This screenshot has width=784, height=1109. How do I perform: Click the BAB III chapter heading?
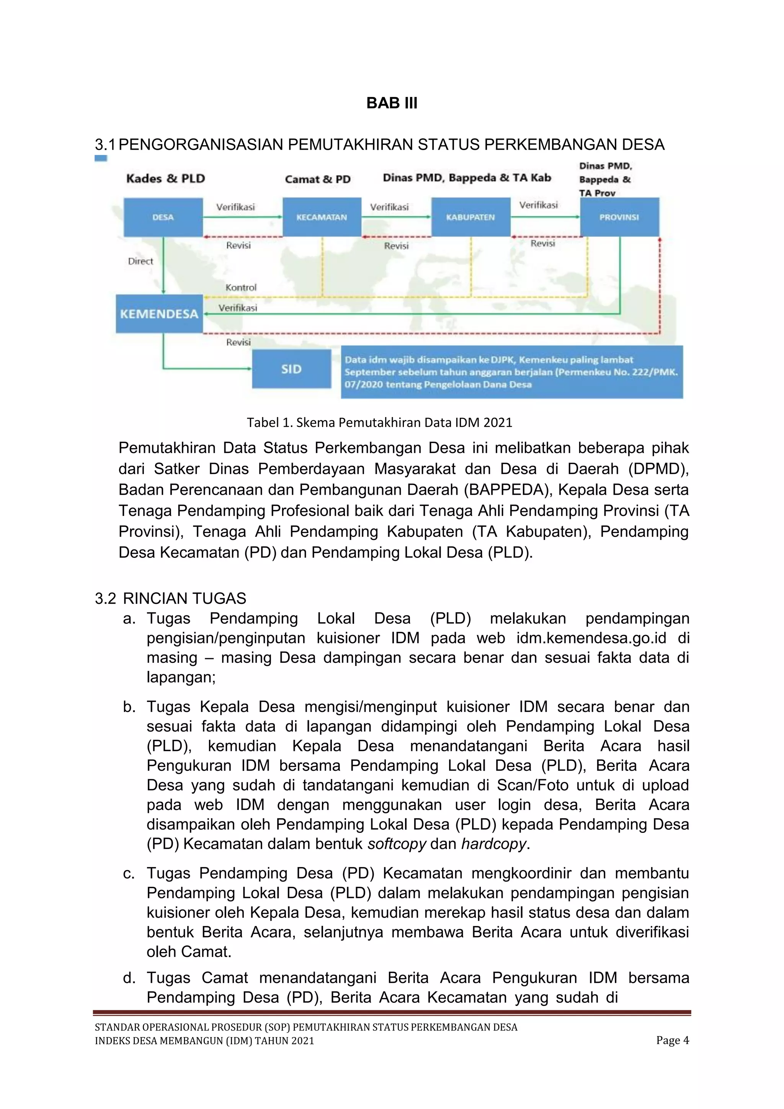click(x=392, y=103)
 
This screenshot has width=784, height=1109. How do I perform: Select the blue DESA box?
click(x=163, y=218)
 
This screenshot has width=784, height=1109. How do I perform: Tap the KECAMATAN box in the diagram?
click(x=322, y=218)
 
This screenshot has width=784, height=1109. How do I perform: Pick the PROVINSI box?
click(x=619, y=218)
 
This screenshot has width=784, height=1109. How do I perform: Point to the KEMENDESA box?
click(x=159, y=314)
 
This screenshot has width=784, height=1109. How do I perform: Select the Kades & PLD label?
click(x=166, y=179)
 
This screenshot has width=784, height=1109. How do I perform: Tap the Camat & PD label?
click(x=317, y=179)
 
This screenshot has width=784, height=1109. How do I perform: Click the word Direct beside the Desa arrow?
click(x=140, y=261)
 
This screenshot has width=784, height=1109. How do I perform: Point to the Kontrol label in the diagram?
click(x=241, y=287)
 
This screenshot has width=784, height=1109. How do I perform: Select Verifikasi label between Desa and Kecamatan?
click(x=235, y=207)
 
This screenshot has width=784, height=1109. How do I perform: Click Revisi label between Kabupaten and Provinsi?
click(x=542, y=244)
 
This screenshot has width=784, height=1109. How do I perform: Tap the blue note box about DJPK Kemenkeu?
click(x=512, y=372)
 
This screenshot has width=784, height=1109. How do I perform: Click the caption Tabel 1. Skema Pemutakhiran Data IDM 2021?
click(x=379, y=423)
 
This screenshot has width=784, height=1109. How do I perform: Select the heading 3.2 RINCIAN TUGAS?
click(x=170, y=599)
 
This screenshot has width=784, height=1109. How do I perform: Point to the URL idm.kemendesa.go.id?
click(x=591, y=638)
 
